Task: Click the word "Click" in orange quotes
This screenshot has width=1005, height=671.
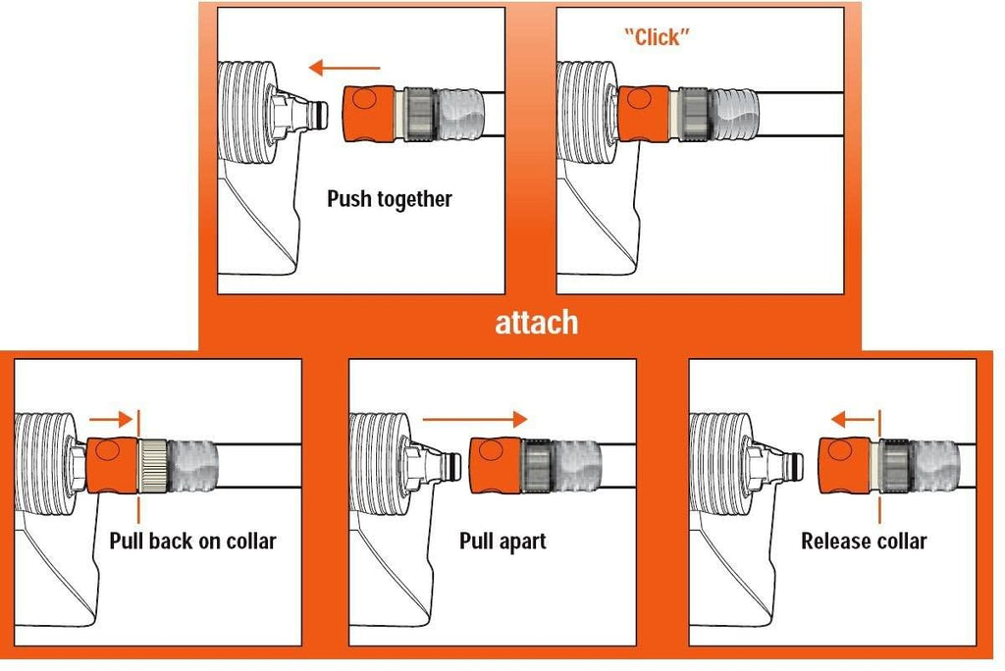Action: pyautogui.click(x=657, y=37)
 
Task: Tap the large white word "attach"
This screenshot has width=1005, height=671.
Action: pyautogui.click(x=537, y=322)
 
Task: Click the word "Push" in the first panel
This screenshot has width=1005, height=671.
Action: pyautogui.click(x=349, y=198)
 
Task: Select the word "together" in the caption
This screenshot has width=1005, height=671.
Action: pyautogui.click(x=415, y=199)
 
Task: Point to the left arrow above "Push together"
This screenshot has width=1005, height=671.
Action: pyautogui.click(x=344, y=68)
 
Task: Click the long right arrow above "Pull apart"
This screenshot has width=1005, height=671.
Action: pyautogui.click(x=474, y=420)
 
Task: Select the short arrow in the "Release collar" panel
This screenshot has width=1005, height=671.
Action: pyautogui.click(x=853, y=421)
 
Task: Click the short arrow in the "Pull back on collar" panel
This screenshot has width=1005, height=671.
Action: pyautogui.click(x=111, y=420)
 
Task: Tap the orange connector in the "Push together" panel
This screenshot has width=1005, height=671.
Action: pyautogui.click(x=369, y=114)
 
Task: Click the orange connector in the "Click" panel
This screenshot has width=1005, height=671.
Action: pyautogui.click(x=644, y=114)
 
